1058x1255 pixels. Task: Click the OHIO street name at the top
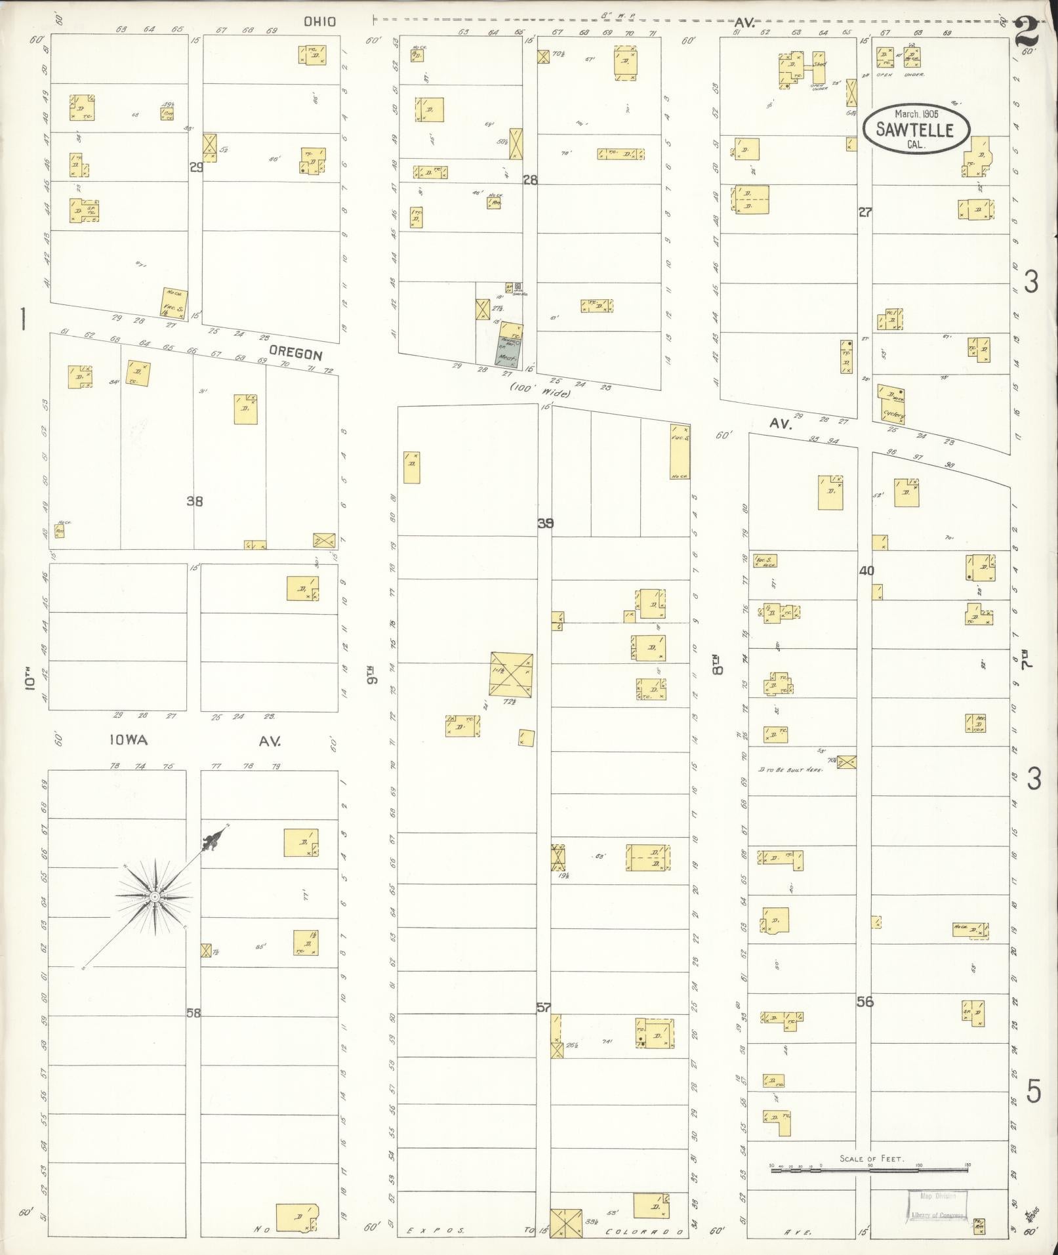[x=320, y=22]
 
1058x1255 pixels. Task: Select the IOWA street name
[x=129, y=740]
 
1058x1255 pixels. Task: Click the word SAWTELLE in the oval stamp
[x=916, y=131]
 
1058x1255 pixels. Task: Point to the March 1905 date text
[x=916, y=113]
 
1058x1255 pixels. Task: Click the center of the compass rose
[x=154, y=896]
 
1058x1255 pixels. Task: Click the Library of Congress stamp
[x=936, y=1205]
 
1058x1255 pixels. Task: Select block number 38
[x=194, y=501]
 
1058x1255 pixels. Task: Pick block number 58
[x=193, y=1014]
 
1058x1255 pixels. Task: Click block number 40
[x=866, y=571]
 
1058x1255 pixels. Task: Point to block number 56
[x=865, y=1002]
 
